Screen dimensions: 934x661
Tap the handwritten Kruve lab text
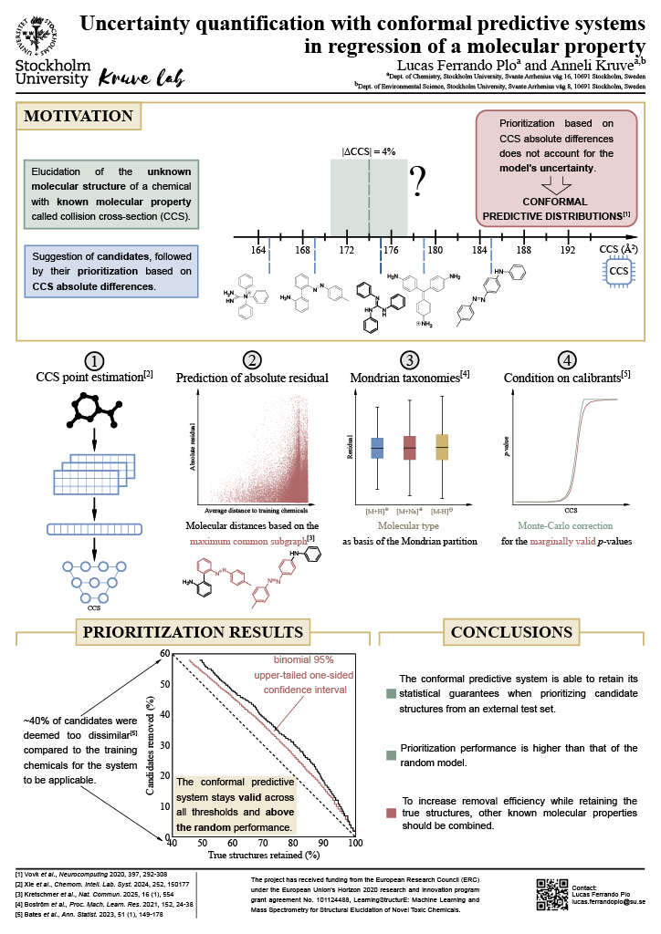(140, 77)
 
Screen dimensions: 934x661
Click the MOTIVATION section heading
(78, 116)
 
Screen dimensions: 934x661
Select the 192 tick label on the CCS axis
(568, 249)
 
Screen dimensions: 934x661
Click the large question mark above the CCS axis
(419, 182)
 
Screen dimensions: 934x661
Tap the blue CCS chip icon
(619, 271)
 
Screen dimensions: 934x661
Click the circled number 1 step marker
(94, 360)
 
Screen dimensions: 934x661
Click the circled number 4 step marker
(568, 360)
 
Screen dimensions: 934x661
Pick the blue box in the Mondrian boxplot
(376, 448)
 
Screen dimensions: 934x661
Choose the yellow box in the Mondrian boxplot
(443, 448)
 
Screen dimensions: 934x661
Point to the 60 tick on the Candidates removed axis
(166, 653)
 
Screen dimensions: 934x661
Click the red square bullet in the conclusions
(391, 813)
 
